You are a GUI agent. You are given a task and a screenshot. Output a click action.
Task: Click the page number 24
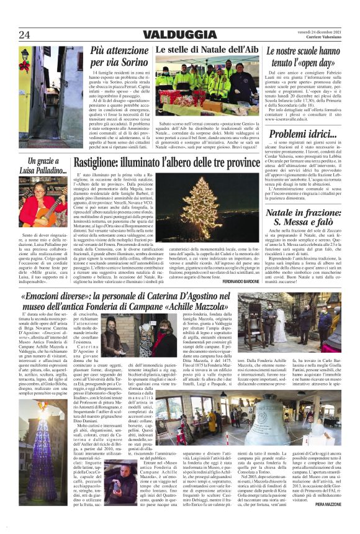pyautogui.click(x=24, y=34)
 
